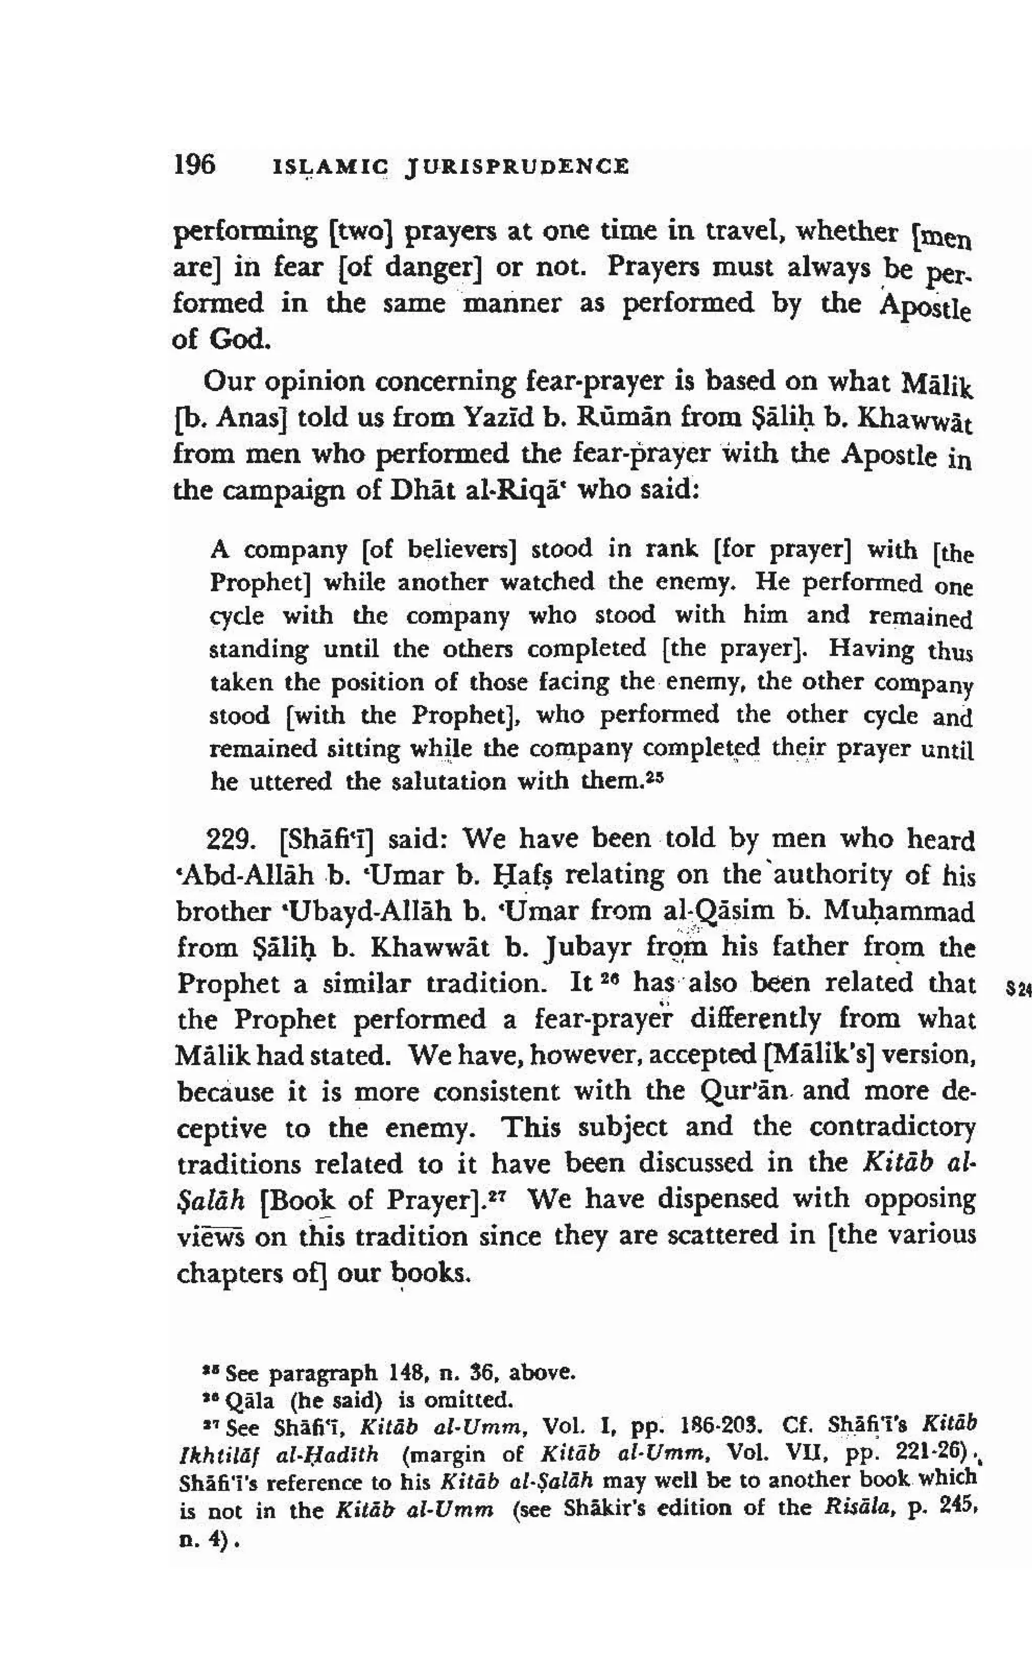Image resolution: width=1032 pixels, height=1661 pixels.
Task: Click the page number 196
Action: (195, 164)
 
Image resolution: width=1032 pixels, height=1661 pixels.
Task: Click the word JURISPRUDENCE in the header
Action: (517, 166)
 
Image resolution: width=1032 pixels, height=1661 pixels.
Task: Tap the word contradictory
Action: (891, 1127)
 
